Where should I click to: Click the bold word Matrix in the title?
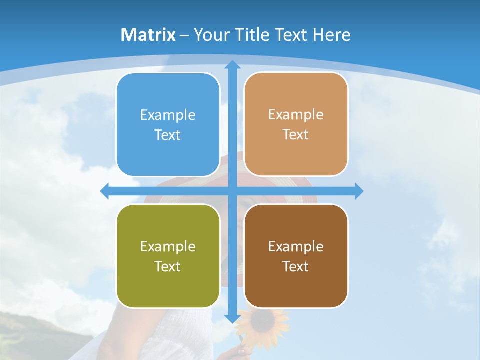tap(148, 35)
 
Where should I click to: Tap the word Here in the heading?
tap(331, 35)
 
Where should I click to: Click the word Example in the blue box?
tap(168, 115)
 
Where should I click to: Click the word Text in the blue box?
tap(168, 135)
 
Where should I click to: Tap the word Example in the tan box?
tap(296, 114)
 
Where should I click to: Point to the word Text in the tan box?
tap(296, 134)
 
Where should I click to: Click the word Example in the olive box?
tap(168, 246)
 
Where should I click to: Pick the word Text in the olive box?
tap(168, 266)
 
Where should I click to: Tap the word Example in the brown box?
tap(296, 246)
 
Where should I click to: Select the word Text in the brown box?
tap(296, 266)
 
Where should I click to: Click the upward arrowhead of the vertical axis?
tap(232, 64)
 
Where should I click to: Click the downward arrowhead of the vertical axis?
tap(232, 318)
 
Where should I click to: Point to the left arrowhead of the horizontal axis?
tap(105, 191)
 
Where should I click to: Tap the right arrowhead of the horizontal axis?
tap(359, 191)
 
